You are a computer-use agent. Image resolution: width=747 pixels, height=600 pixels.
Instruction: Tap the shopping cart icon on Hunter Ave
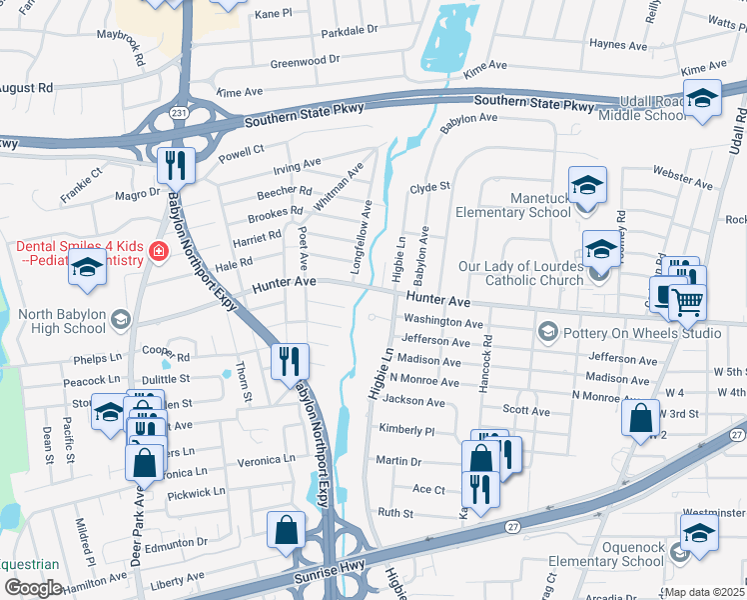[x=686, y=301]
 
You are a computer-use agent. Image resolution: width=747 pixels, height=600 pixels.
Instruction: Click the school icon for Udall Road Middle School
[x=703, y=98]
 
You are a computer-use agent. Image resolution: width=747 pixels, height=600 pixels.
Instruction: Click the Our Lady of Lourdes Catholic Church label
[x=520, y=273]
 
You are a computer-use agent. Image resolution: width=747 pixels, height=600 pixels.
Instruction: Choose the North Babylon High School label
[x=61, y=320]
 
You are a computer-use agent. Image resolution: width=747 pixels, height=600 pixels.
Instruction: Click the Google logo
[x=32, y=588]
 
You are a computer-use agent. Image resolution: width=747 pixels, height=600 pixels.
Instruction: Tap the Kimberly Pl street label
[x=406, y=431]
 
